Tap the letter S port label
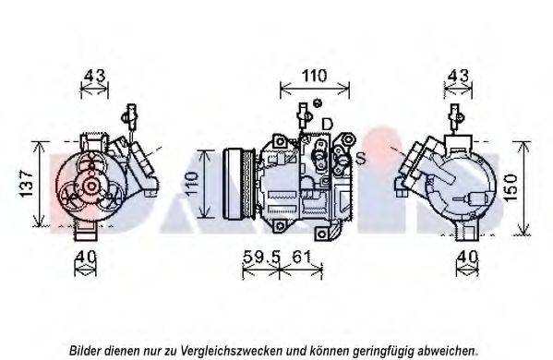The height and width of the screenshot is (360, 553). pos(360,158)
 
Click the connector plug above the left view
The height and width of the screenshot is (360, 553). pos(130,118)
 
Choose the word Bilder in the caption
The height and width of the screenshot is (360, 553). pos(87,351)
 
